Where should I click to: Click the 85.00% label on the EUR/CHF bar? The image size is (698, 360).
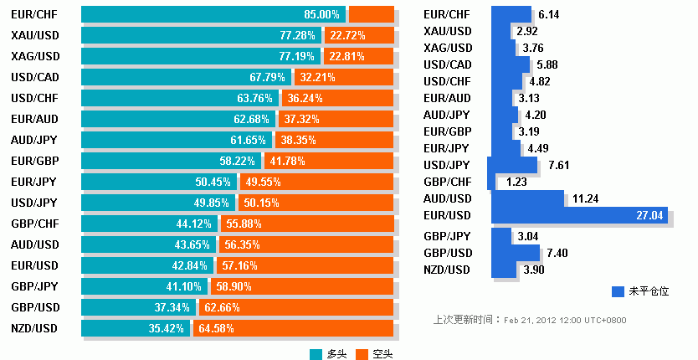322,14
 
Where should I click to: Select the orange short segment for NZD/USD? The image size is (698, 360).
293,328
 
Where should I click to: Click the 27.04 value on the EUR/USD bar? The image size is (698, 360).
649,215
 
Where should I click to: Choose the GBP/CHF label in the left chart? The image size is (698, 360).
34,224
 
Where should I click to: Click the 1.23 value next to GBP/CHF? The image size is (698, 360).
516,182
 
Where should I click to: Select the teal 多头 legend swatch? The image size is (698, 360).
316,354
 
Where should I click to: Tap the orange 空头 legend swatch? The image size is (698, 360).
362,354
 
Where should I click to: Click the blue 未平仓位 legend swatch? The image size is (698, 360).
618,291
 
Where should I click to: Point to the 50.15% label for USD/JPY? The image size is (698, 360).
260,203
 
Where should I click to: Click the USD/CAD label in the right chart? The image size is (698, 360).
448,64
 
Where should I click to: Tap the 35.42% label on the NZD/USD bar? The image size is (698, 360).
166,328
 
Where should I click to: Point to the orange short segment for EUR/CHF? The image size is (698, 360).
371,14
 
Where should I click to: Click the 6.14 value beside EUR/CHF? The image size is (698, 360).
549,14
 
